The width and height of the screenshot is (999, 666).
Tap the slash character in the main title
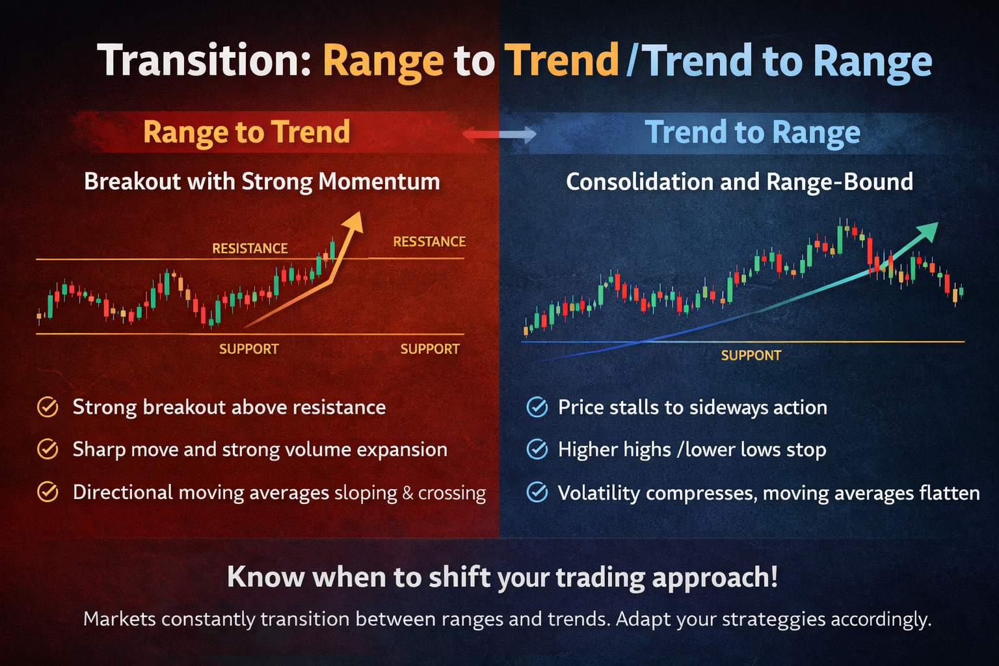[631, 61]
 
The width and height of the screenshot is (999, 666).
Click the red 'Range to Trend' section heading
[246, 132]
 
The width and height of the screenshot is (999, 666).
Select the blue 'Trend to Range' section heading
[753, 133]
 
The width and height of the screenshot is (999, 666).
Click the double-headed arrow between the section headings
[499, 135]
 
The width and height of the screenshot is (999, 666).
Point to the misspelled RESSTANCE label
[429, 242]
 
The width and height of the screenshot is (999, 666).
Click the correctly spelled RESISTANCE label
[250, 248]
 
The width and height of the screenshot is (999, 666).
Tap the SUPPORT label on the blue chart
[751, 356]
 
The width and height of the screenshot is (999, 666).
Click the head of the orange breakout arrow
[354, 222]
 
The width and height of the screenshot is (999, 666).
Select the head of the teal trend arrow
[929, 230]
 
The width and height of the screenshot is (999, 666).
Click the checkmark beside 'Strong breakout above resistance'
[47, 407]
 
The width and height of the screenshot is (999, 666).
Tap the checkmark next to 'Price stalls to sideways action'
[537, 408]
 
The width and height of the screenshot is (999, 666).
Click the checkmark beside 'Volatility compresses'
[537, 493]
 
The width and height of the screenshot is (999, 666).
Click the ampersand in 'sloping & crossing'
[408, 493]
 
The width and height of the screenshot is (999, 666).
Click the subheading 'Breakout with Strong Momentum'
[262, 181]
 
